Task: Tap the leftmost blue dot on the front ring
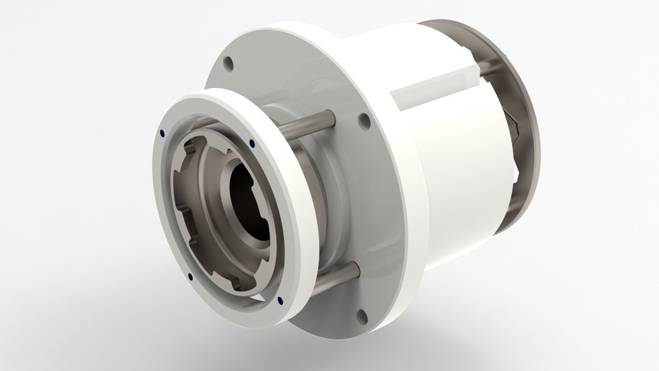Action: tap(161, 133)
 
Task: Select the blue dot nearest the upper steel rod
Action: tap(252, 144)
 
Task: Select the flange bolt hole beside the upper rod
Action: tap(361, 121)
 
